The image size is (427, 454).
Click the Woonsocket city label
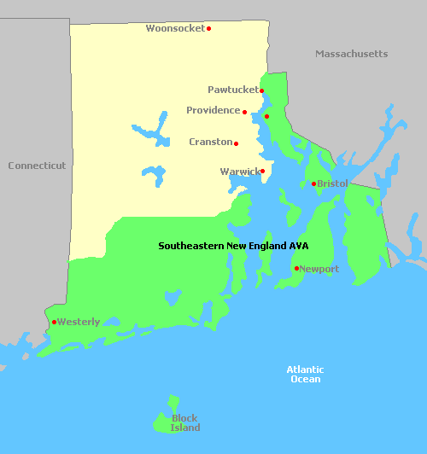175,28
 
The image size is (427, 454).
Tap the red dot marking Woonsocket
208,28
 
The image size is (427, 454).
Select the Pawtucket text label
232,90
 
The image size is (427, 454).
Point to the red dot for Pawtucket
262,90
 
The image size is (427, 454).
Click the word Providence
213,110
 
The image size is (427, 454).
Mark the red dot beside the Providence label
244,112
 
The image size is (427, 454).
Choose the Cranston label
210,142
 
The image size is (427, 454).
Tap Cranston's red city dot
236,143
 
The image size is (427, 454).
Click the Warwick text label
239,172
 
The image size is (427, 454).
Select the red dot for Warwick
262,171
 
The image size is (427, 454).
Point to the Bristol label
332,183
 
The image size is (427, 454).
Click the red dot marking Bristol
313,183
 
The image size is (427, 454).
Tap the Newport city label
319,269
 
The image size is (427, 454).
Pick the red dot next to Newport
296,269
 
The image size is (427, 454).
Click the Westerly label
79,322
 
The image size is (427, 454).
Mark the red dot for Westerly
54,322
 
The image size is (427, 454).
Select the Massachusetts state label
351,54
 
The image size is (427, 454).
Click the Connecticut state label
37,166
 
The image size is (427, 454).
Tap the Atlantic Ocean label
305,374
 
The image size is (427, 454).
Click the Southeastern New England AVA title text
233,246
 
